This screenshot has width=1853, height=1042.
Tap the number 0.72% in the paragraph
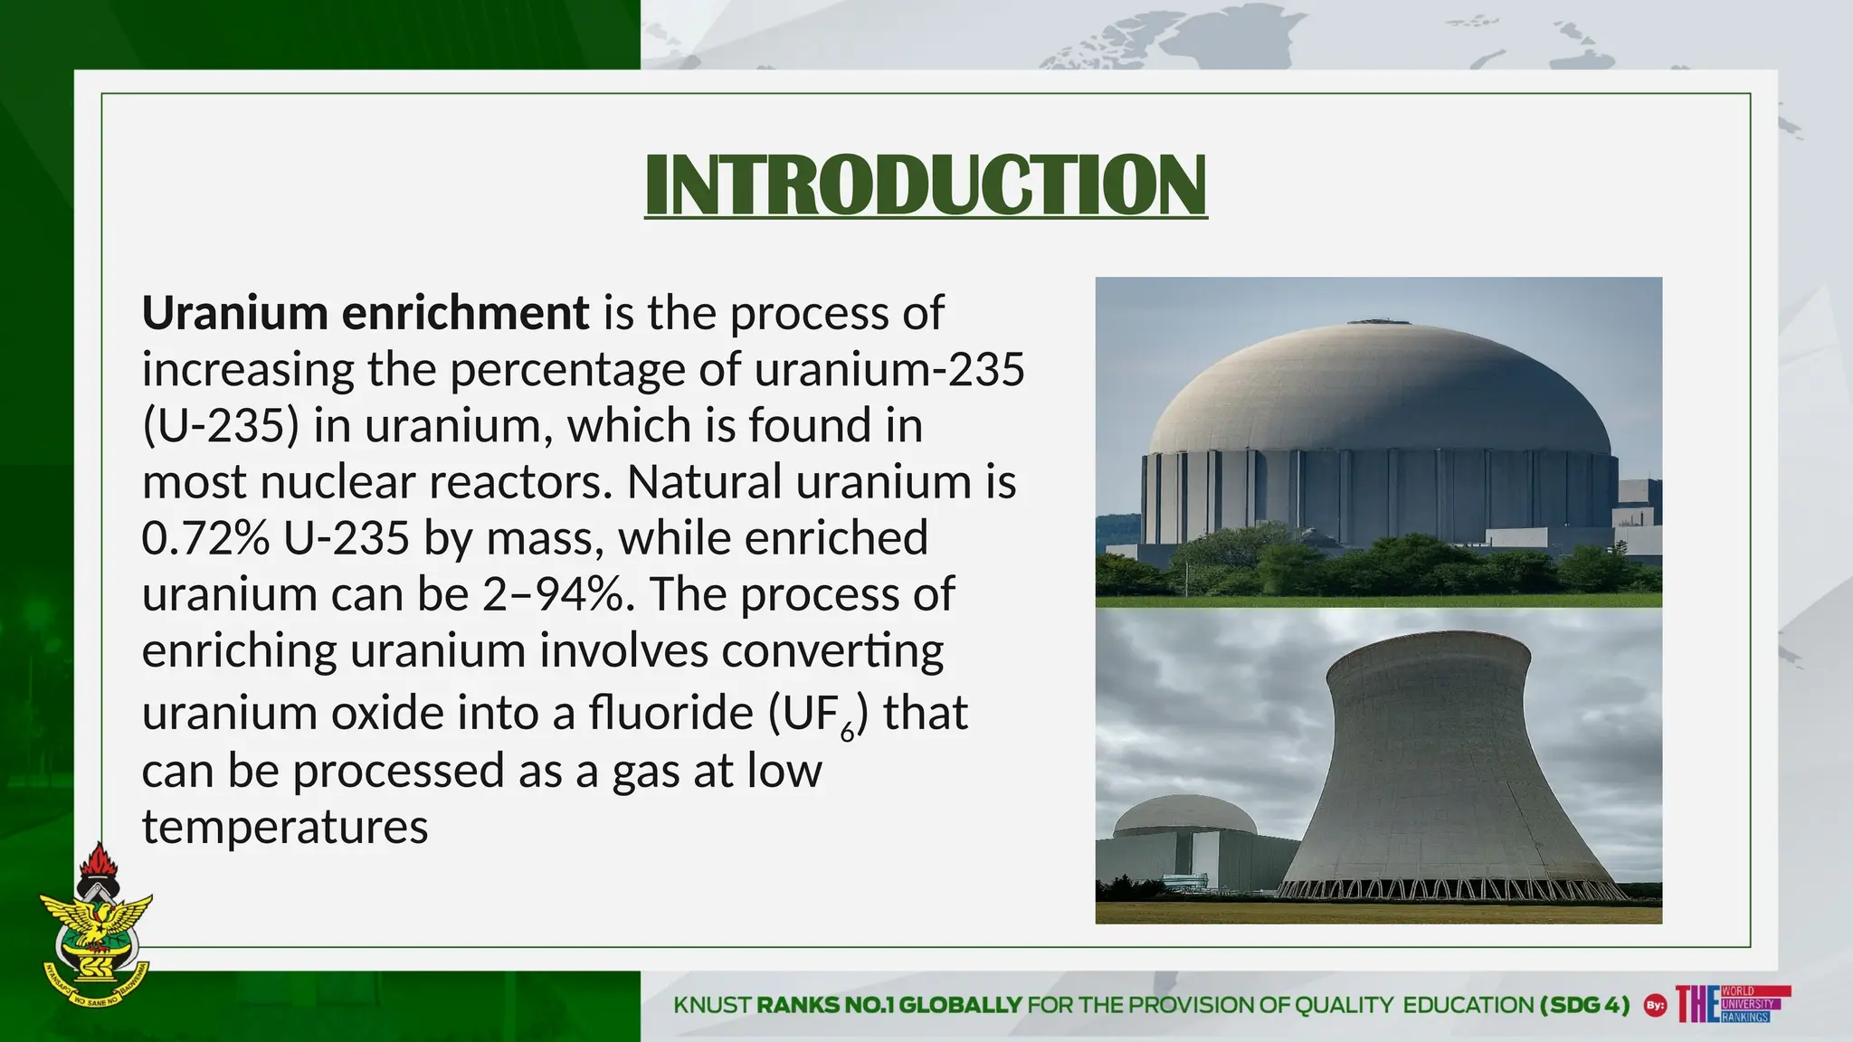tap(205, 537)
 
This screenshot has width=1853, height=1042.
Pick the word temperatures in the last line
tap(285, 827)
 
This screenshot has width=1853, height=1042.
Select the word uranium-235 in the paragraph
tap(889, 369)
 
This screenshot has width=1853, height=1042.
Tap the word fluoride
tap(670, 713)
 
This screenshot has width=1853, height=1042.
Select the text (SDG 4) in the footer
tap(1584, 1005)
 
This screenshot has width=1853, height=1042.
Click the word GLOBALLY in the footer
tap(960, 1005)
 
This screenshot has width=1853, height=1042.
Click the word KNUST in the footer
tap(712, 1005)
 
